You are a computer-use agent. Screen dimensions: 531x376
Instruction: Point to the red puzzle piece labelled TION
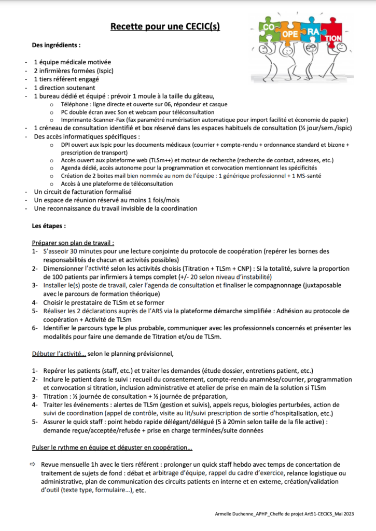click(334, 38)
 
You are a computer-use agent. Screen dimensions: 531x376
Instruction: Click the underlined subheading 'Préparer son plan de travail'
click(73, 242)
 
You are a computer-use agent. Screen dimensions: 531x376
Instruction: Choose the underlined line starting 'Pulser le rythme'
click(112, 447)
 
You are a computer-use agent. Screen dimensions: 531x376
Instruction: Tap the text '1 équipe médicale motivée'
click(68, 62)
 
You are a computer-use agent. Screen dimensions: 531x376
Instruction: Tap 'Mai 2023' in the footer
click(345, 513)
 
